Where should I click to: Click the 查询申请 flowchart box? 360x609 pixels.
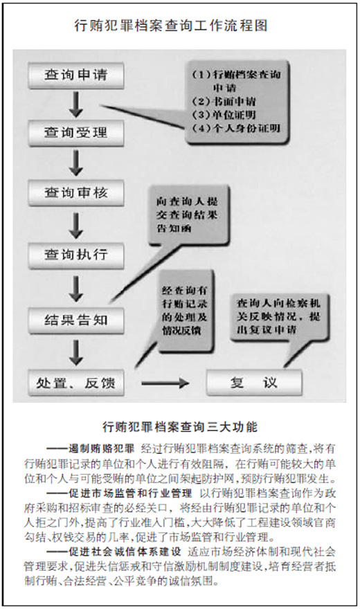(76, 75)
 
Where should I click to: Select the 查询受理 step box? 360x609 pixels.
(76, 133)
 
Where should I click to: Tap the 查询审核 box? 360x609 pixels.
(76, 192)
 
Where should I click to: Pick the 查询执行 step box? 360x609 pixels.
(76, 255)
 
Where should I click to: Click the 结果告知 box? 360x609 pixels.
(76, 320)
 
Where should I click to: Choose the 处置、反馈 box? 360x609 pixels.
(76, 383)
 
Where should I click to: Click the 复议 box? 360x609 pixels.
(254, 383)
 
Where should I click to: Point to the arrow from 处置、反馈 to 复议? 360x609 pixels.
(165, 383)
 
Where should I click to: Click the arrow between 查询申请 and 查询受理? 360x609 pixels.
(76, 104)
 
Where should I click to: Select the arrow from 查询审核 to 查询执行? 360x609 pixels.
(76, 225)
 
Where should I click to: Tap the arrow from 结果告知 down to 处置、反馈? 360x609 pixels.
(76, 352)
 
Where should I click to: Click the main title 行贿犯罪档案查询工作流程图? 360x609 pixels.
(171, 26)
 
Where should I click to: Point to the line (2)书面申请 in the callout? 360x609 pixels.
(224, 102)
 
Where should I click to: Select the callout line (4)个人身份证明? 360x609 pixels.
(236, 128)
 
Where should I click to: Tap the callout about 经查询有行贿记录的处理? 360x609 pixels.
(185, 311)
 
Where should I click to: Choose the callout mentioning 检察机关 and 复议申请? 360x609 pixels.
(279, 316)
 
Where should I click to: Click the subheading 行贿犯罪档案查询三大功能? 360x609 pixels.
(180, 427)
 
